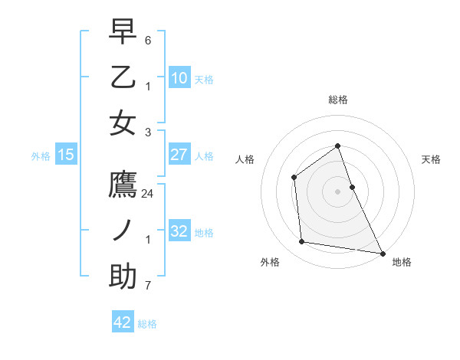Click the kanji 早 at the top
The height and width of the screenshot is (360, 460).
point(123,32)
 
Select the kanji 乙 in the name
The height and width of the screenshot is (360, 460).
point(123,77)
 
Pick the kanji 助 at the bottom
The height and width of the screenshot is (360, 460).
point(123,277)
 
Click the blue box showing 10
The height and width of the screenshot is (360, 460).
point(179,77)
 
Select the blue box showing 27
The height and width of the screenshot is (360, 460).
point(179,154)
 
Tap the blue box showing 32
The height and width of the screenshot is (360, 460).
point(179,231)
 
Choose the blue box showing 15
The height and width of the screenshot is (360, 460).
point(66,155)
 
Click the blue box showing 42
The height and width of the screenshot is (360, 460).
point(123,322)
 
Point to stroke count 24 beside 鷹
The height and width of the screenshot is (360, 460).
point(148,194)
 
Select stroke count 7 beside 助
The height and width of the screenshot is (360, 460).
point(148,286)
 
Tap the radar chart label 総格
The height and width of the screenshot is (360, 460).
point(338,100)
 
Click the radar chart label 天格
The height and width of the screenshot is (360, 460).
point(432,159)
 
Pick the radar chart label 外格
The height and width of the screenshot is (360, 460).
point(270,262)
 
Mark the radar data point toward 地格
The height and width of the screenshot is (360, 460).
point(383,252)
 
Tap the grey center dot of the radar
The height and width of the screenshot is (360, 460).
point(338,191)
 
